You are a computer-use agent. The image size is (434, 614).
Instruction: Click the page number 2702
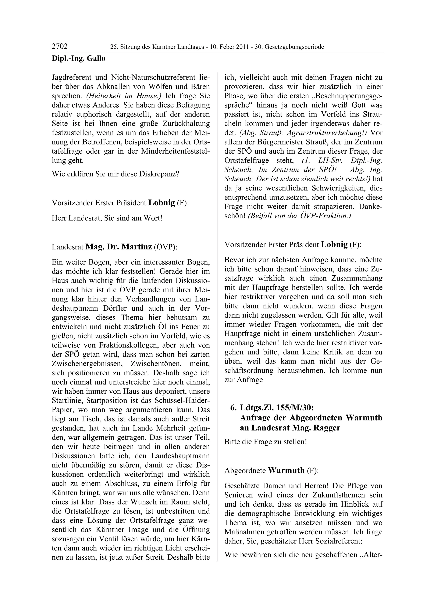pyautogui.click(x=60, y=47)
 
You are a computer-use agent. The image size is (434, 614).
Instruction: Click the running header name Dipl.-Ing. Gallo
pyautogui.click(x=78, y=58)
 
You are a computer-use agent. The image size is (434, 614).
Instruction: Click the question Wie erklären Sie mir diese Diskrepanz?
pyautogui.click(x=115, y=174)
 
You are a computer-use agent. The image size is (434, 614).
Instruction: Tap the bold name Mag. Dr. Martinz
pyautogui.click(x=119, y=247)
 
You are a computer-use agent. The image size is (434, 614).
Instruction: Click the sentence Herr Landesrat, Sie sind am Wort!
pyautogui.click(x=107, y=218)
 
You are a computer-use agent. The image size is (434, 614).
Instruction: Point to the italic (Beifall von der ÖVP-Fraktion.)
pyautogui.click(x=299, y=216)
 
